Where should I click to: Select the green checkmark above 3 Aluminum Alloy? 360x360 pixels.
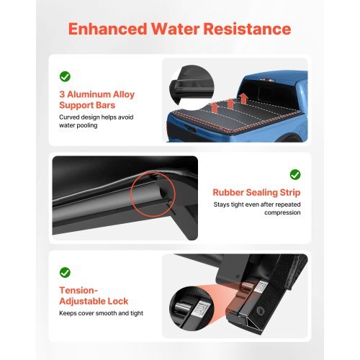tap(65, 76)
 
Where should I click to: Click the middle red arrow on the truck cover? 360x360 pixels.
tap(230, 103)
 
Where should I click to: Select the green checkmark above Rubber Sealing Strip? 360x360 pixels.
tap(294, 174)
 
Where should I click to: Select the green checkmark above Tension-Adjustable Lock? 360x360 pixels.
tap(65, 272)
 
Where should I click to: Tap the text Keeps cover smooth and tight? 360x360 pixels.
tap(102, 314)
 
